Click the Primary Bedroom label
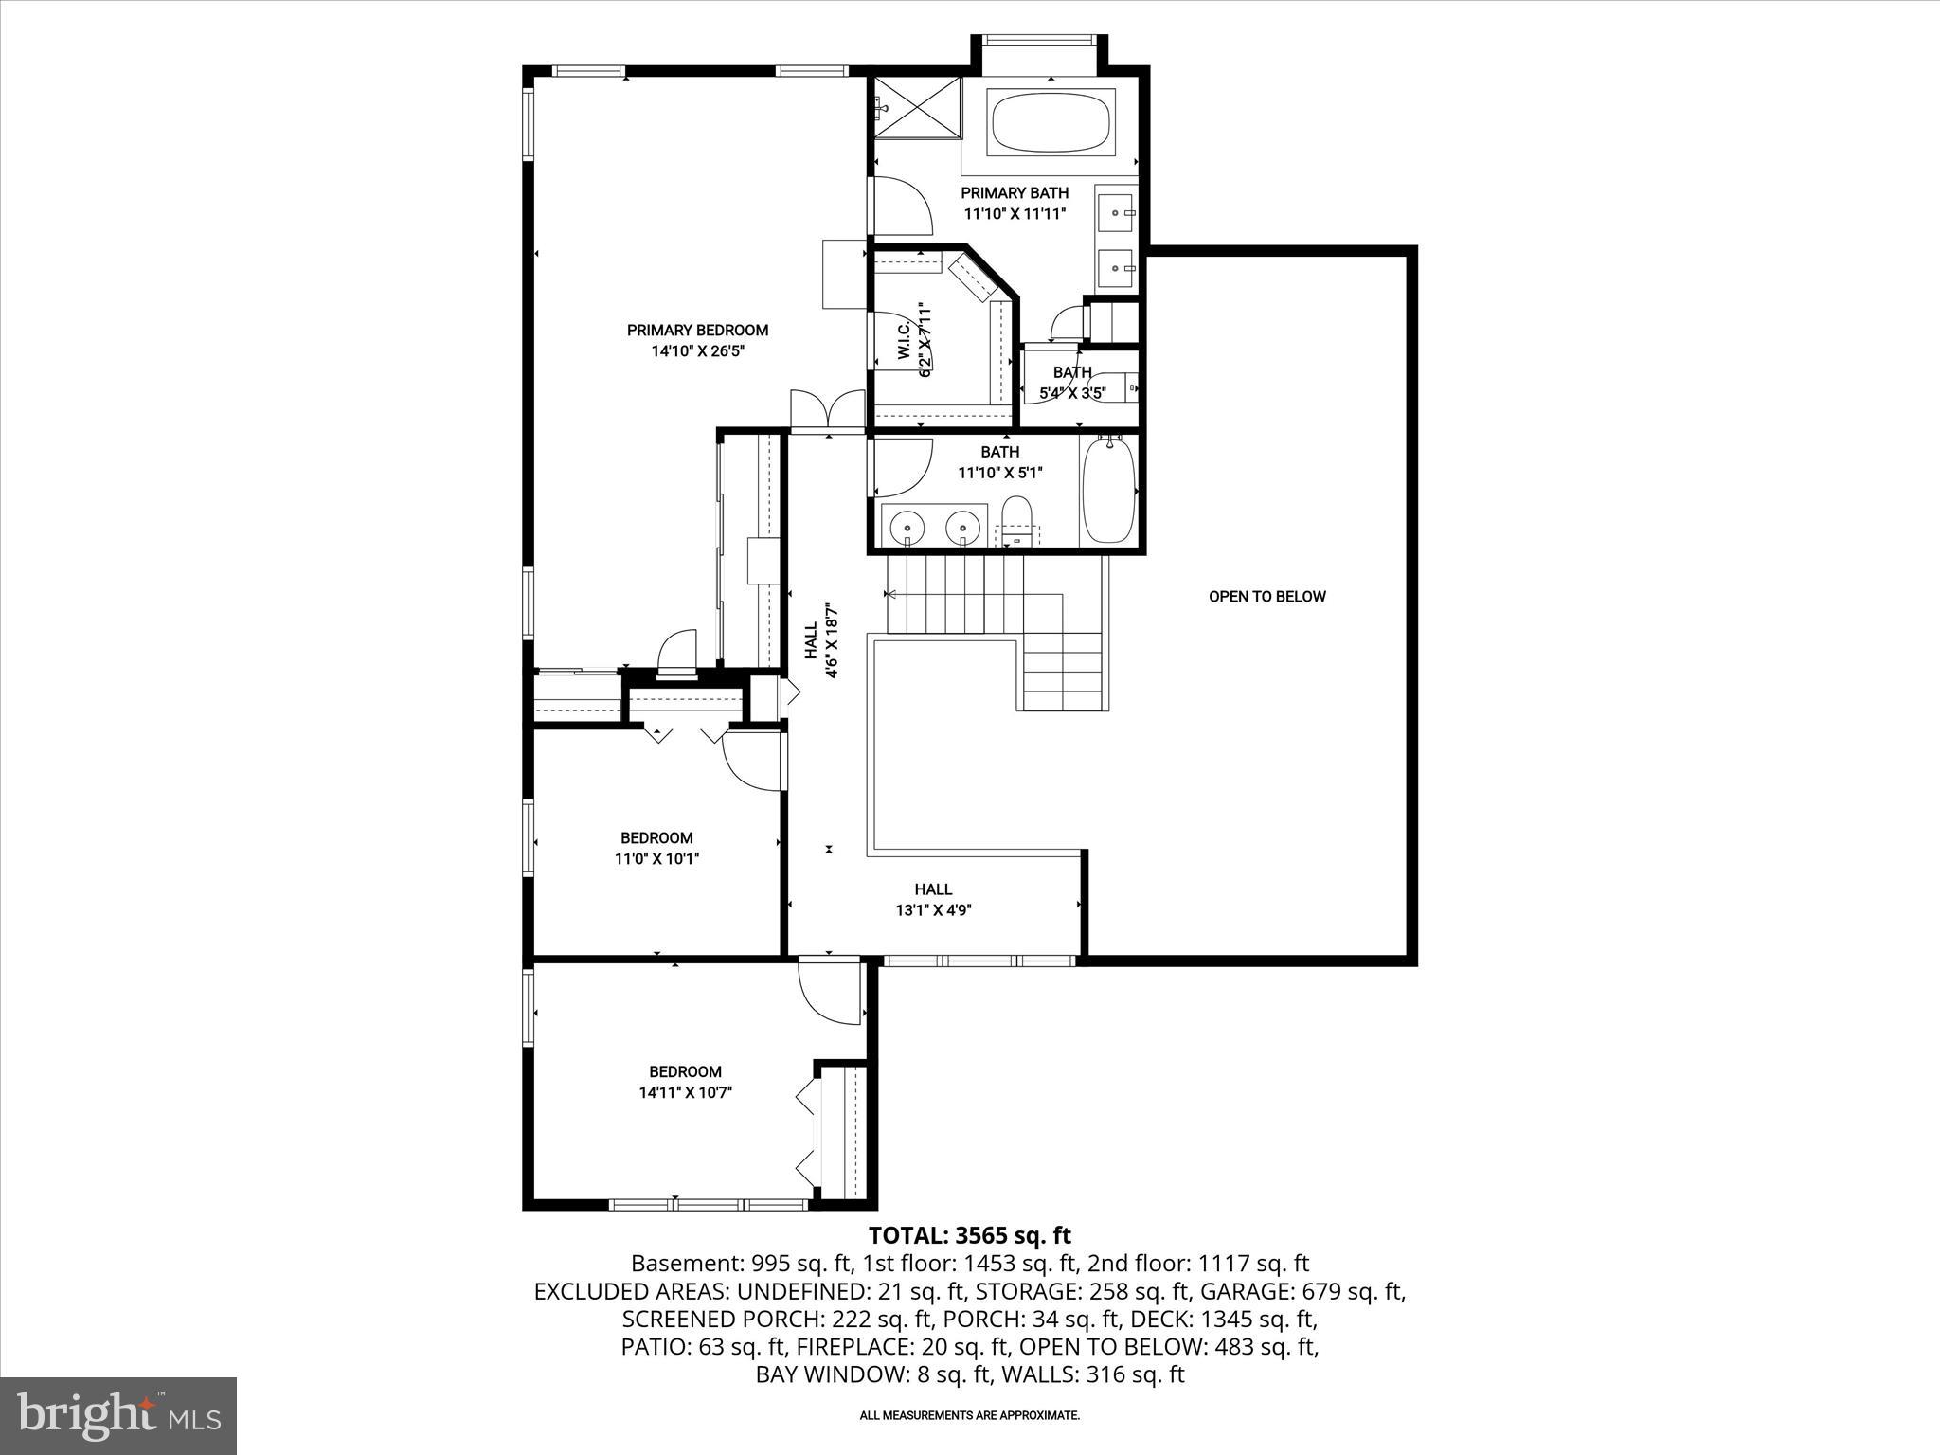[697, 330]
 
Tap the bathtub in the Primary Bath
[1051, 122]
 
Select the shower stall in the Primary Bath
[916, 107]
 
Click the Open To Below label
[1266, 597]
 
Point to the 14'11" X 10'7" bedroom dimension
[685, 1092]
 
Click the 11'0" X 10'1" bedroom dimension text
[656, 859]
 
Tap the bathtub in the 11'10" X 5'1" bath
[1107, 492]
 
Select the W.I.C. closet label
[904, 341]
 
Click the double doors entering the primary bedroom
[828, 410]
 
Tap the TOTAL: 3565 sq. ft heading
[969, 1235]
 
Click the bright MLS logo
[117, 1415]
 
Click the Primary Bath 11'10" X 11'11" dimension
[1015, 214]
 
